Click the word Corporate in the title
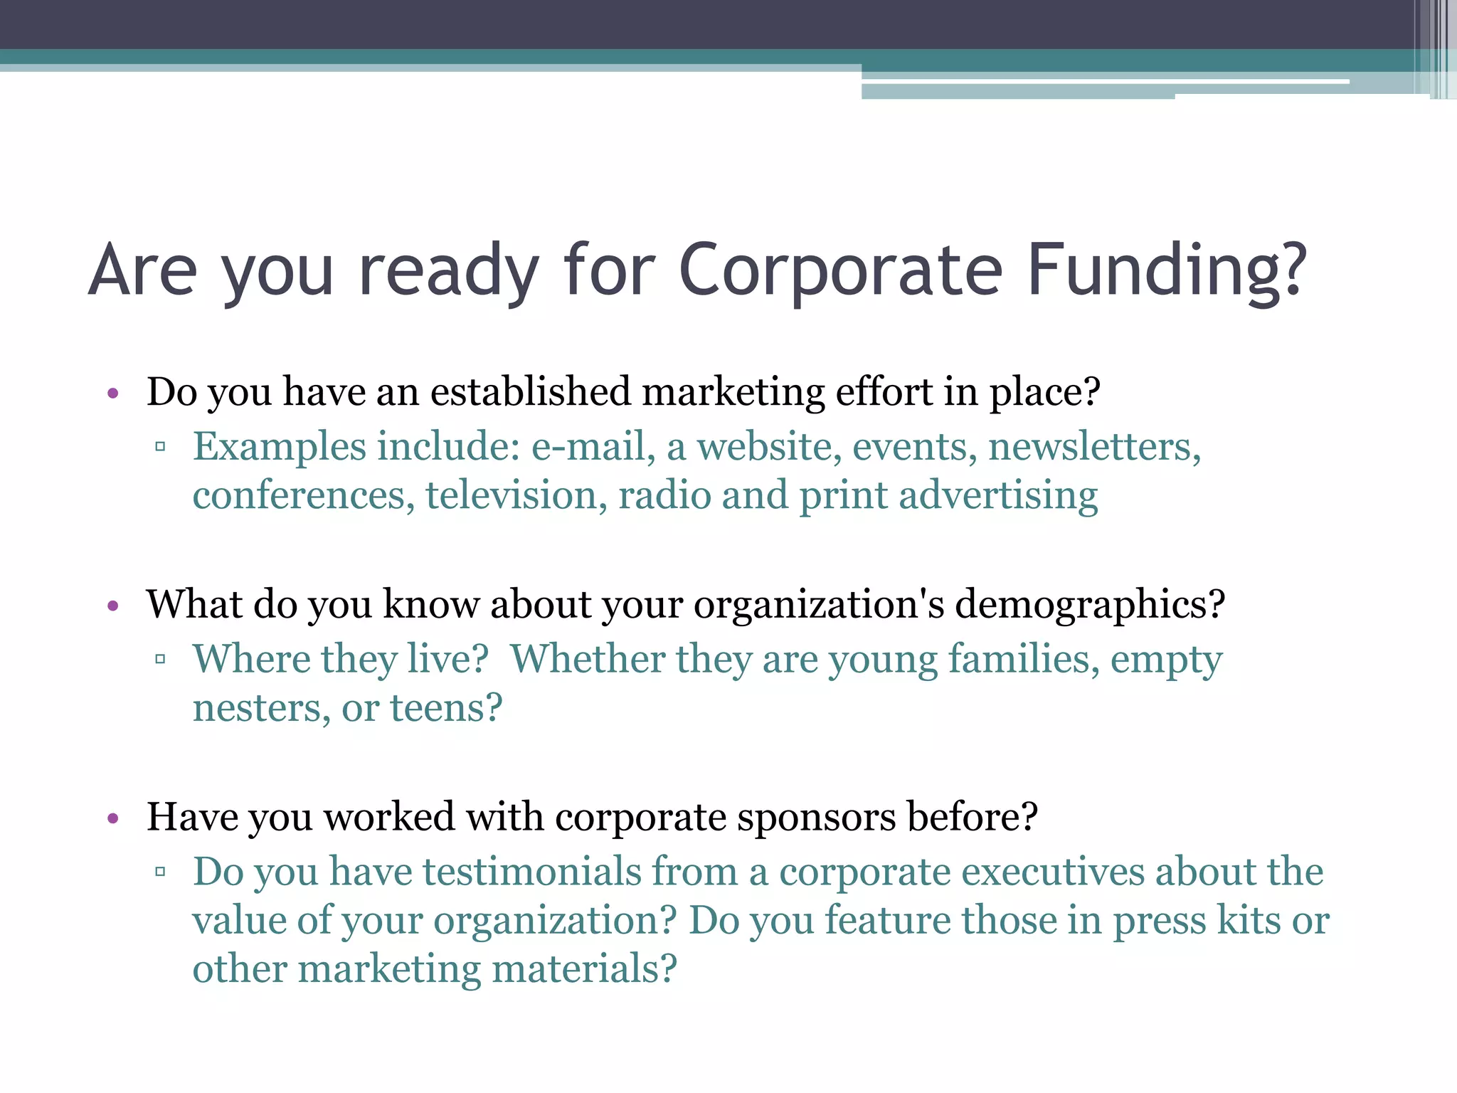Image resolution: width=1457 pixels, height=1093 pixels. coord(840,270)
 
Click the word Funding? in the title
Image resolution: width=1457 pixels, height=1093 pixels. coord(1167,270)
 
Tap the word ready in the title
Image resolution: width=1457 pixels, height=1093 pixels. coord(448,270)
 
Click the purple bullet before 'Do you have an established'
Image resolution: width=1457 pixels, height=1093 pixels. coord(112,394)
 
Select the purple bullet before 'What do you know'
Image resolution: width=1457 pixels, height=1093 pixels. coord(112,606)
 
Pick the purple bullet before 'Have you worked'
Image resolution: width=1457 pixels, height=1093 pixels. coord(112,818)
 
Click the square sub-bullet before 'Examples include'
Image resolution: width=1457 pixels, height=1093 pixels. coord(160,448)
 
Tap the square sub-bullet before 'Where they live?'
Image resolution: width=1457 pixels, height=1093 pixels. coord(160,660)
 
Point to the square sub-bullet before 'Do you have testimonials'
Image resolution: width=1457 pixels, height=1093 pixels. coord(160,872)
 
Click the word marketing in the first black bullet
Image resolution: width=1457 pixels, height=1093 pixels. coord(733,392)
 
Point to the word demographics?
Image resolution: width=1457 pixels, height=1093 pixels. coord(1089,605)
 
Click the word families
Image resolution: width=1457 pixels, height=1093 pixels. coord(1024,659)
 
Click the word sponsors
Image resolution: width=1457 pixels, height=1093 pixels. coord(816,817)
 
